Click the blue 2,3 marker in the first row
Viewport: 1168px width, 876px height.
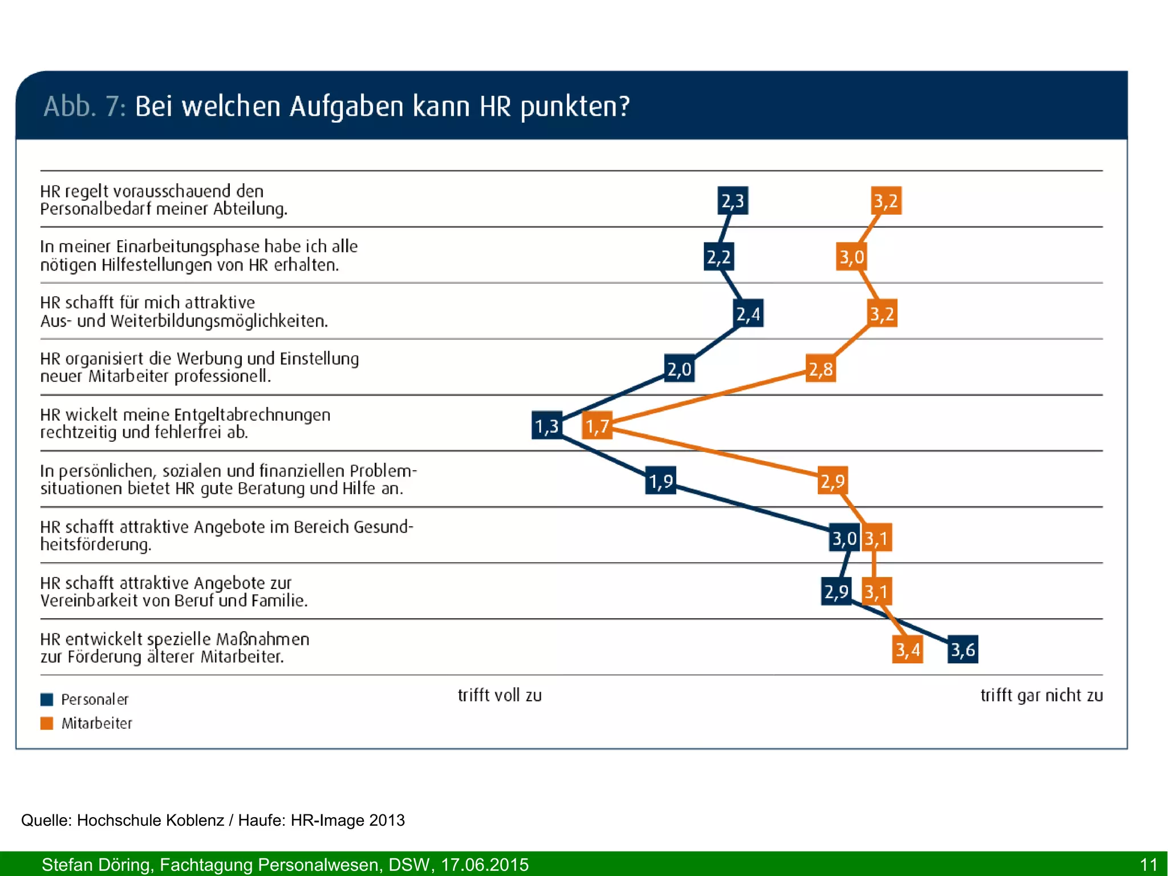click(732, 200)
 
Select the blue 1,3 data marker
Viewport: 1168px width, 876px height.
click(547, 426)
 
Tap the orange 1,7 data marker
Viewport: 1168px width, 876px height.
click(597, 426)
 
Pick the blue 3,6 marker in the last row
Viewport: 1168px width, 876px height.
click(963, 649)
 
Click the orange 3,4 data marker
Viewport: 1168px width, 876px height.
click(907, 649)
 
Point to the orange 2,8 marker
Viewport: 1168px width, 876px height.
click(821, 369)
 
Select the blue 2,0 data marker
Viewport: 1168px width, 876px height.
click(679, 369)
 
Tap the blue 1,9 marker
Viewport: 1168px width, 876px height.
click(661, 481)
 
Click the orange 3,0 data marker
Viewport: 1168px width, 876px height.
click(851, 257)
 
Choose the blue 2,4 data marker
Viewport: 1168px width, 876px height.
click(748, 313)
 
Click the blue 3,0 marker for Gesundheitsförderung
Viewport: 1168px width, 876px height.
click(844, 538)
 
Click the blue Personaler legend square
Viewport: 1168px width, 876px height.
click(47, 700)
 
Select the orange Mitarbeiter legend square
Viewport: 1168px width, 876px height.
click(47, 724)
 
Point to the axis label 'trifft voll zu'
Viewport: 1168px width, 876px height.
click(500, 695)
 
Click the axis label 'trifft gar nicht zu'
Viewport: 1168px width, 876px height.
click(1041, 695)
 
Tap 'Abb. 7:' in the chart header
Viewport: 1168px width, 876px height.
click(84, 107)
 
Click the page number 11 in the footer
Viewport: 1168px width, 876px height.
click(1148, 865)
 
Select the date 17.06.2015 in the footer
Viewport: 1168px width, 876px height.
click(485, 865)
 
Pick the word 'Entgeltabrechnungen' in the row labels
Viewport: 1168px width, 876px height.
click(252, 414)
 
